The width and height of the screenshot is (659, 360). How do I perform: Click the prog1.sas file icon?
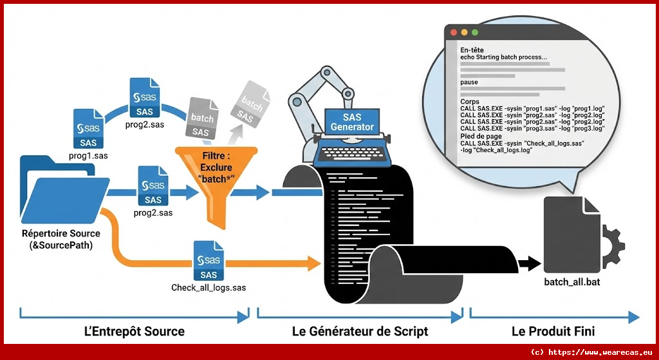coord(88,128)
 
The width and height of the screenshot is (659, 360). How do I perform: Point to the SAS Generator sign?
coord(351,122)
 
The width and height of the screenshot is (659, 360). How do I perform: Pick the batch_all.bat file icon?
coord(571,234)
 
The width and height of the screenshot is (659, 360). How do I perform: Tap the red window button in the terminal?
coord(452,32)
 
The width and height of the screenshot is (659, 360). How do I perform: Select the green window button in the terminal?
coord(475,32)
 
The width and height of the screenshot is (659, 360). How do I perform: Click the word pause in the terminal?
coord(469,82)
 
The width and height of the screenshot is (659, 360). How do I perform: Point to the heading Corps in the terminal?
coord(470,102)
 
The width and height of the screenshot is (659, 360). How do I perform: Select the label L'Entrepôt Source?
coord(135,332)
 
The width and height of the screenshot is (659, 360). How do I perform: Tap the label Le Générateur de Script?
coord(360,332)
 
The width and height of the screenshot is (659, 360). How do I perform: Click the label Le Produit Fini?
coord(553,332)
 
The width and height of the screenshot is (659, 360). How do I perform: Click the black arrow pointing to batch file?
coord(528,263)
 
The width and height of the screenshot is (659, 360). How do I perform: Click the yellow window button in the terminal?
coord(463,32)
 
